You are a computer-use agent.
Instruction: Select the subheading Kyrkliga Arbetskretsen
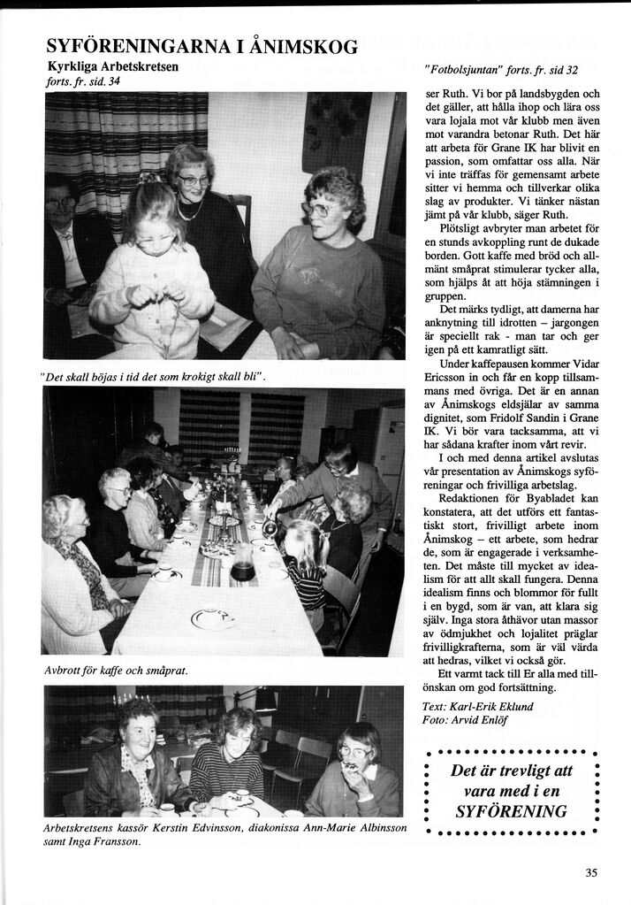tap(112, 67)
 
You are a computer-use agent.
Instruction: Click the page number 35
tap(591, 872)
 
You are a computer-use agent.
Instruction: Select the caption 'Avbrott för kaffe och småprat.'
tap(116, 671)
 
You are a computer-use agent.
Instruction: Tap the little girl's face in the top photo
tap(156, 229)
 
